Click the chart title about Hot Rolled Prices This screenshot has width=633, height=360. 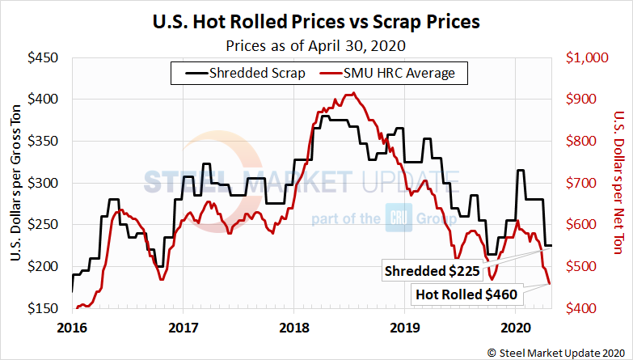click(316, 21)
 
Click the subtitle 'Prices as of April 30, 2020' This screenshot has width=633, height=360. click(316, 44)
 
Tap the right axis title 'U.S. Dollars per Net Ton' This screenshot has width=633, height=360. click(618, 183)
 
